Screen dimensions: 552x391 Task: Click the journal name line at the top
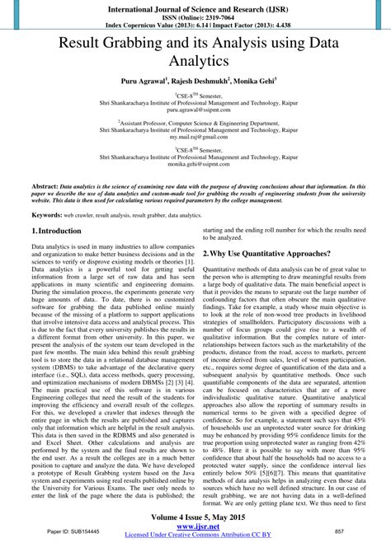[x=195, y=6]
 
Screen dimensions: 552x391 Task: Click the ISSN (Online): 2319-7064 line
[x=195, y=15]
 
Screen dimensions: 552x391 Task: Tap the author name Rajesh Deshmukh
[x=195, y=82]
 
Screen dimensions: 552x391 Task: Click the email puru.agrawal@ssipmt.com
[x=195, y=109]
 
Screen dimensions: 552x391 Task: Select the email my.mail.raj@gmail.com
[x=195, y=136]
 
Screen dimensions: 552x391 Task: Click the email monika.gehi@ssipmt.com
[x=195, y=164]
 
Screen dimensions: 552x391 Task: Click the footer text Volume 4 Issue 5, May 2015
[x=195, y=519]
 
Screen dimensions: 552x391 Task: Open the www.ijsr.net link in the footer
[x=195, y=529]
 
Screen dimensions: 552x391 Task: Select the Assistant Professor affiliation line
[x=195, y=121]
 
